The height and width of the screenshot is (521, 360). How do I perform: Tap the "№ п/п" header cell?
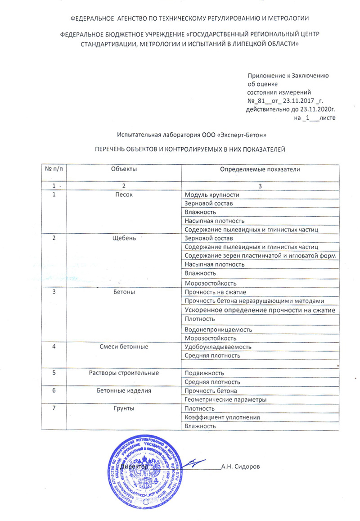pos(54,168)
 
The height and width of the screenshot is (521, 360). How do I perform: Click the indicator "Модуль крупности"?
pos(212,195)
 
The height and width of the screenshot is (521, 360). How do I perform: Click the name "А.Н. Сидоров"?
pos(240,467)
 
